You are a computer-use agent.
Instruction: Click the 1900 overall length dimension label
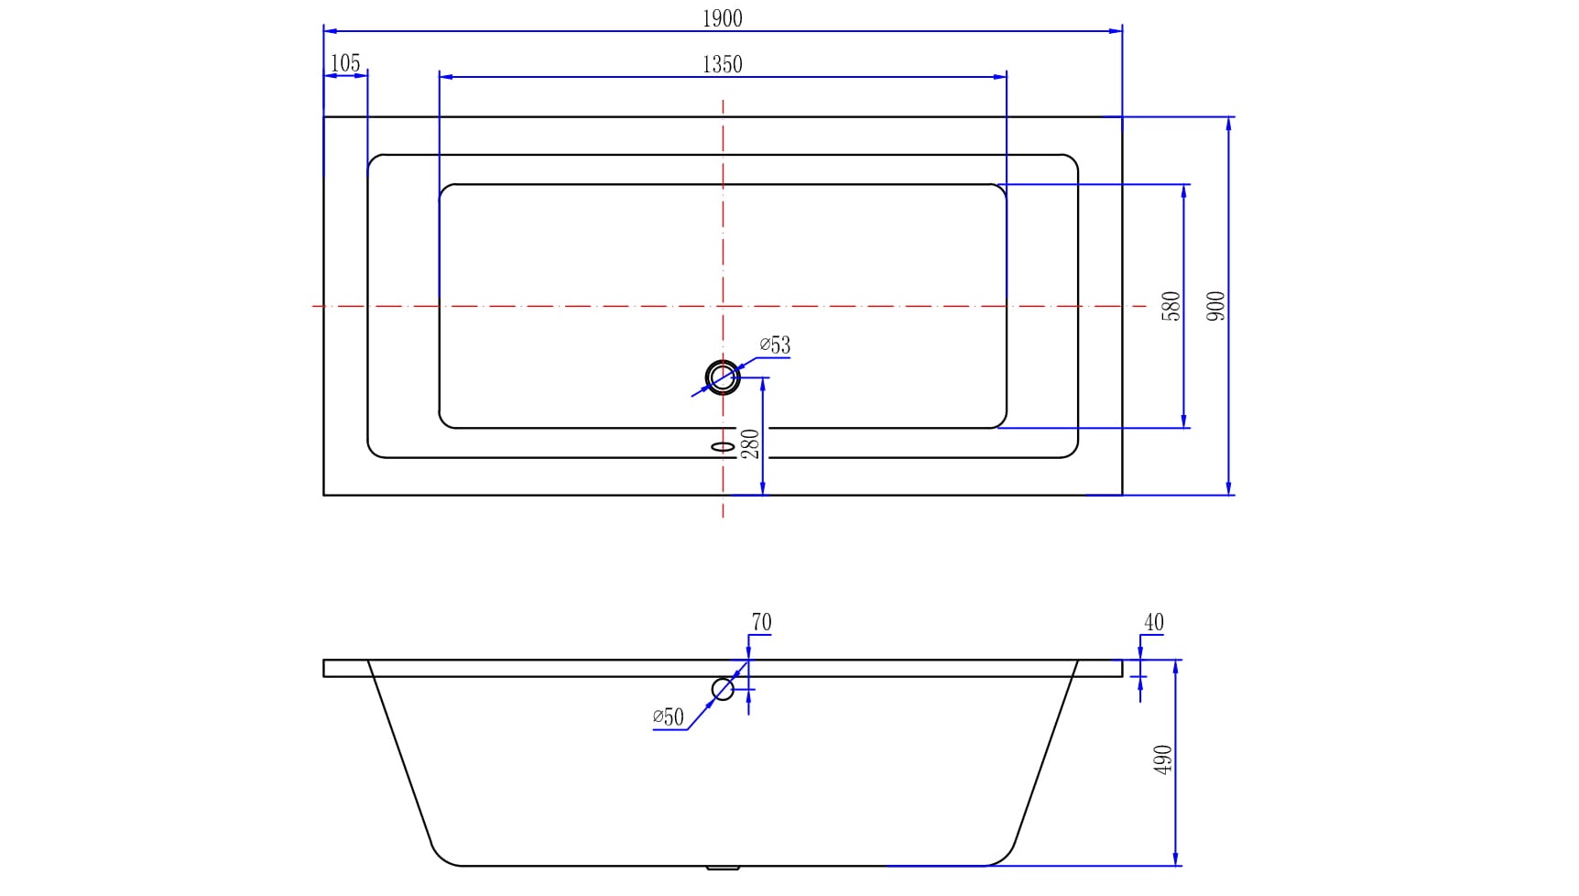tap(722, 18)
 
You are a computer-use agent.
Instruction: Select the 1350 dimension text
tap(722, 64)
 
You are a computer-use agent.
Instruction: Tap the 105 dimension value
tap(345, 63)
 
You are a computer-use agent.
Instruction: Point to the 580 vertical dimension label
tap(1171, 306)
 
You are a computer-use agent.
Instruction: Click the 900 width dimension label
tap(1216, 306)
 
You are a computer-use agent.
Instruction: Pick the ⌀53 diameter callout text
tap(775, 345)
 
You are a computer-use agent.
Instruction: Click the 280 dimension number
tap(750, 444)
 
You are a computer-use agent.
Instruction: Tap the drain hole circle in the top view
tap(723, 377)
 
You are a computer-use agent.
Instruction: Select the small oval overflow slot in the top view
tap(723, 447)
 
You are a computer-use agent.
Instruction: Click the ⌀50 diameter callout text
tap(669, 717)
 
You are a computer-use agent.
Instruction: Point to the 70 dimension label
tap(761, 622)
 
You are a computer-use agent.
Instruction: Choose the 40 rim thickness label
tap(1153, 622)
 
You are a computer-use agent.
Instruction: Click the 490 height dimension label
tap(1163, 759)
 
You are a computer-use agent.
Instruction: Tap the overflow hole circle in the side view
tap(723, 689)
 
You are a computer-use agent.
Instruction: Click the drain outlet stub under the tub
tap(723, 868)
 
